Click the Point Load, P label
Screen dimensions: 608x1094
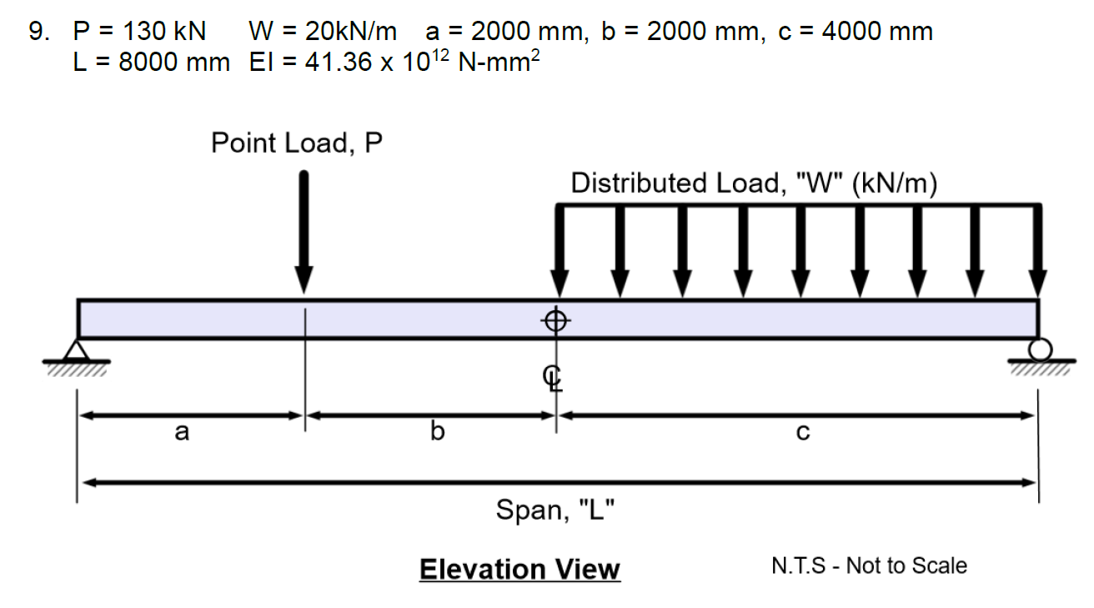[296, 143]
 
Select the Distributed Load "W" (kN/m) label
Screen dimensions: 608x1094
[754, 183]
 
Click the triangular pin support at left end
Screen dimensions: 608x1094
[78, 349]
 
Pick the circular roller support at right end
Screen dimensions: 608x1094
[1039, 348]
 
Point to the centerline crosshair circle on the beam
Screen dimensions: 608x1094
[556, 319]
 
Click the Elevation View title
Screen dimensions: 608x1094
[519, 570]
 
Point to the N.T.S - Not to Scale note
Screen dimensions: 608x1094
[869, 565]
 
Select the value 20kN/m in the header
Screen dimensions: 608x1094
[350, 32]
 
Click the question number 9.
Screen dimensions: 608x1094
[38, 32]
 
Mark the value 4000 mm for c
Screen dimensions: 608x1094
[877, 32]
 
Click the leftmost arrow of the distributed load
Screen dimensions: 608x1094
[558, 250]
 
